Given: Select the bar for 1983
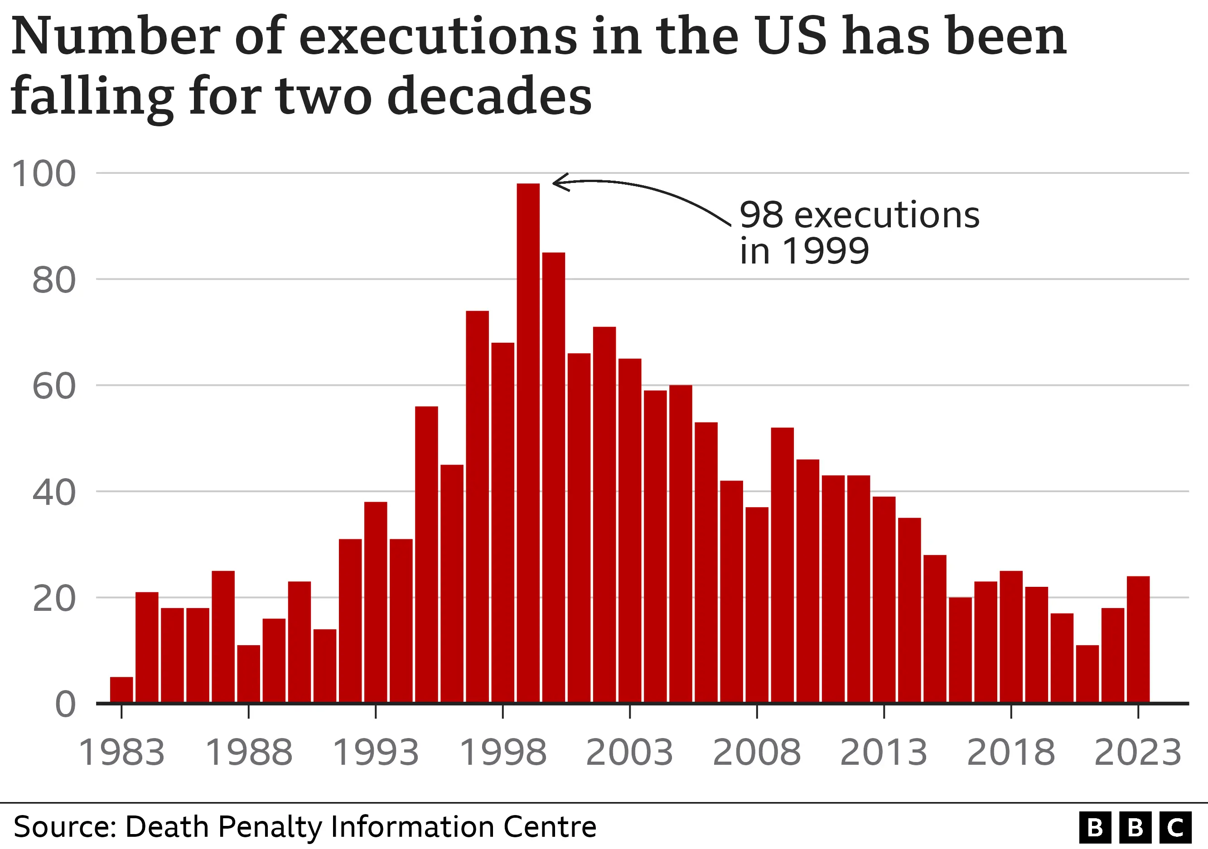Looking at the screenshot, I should point(121,689).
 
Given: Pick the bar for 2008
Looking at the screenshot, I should point(757,604).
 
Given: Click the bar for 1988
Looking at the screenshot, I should point(248,673).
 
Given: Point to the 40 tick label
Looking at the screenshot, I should point(53,493).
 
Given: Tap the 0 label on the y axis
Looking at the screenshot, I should point(65,705).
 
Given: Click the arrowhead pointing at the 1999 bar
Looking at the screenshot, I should point(558,182).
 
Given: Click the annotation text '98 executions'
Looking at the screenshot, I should point(859,216).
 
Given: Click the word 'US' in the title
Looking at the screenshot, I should point(792,37).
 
